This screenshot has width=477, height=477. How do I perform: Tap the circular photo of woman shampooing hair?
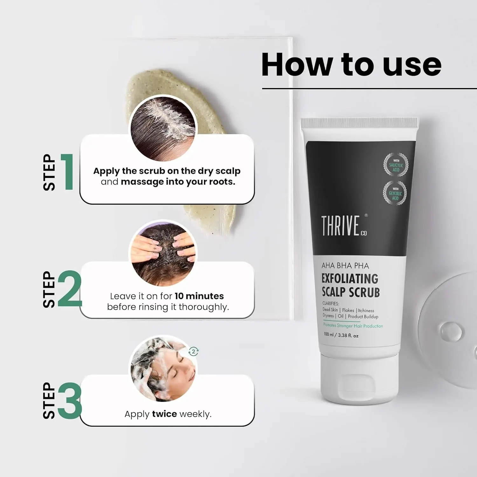pyautogui.click(x=163, y=369)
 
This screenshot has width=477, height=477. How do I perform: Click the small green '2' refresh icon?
pyautogui.click(x=193, y=351)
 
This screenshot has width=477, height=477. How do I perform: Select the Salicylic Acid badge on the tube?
pyautogui.click(x=396, y=165)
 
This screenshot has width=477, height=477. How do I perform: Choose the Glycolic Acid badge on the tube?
pyautogui.click(x=395, y=193)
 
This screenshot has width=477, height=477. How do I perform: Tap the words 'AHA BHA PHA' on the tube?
pyautogui.click(x=345, y=266)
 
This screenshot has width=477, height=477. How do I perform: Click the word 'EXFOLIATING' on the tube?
pyautogui.click(x=350, y=279)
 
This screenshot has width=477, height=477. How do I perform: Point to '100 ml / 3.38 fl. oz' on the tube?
pyautogui.click(x=341, y=335)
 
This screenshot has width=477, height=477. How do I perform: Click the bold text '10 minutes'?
pyautogui.click(x=199, y=296)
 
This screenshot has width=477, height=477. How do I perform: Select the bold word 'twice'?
pyautogui.click(x=164, y=414)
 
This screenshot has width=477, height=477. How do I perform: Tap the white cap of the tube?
pyautogui.click(x=359, y=378)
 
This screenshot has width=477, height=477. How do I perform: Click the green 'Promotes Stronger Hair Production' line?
pyautogui.click(x=353, y=326)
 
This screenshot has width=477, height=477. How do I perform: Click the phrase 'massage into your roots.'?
pyautogui.click(x=178, y=182)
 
